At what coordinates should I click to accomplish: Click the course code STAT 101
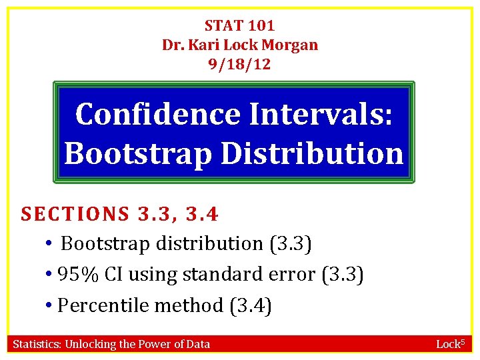coord(239,26)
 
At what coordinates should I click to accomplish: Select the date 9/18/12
coord(239,65)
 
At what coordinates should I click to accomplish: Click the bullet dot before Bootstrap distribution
coord(50,244)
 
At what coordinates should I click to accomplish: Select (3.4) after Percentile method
coord(250,306)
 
